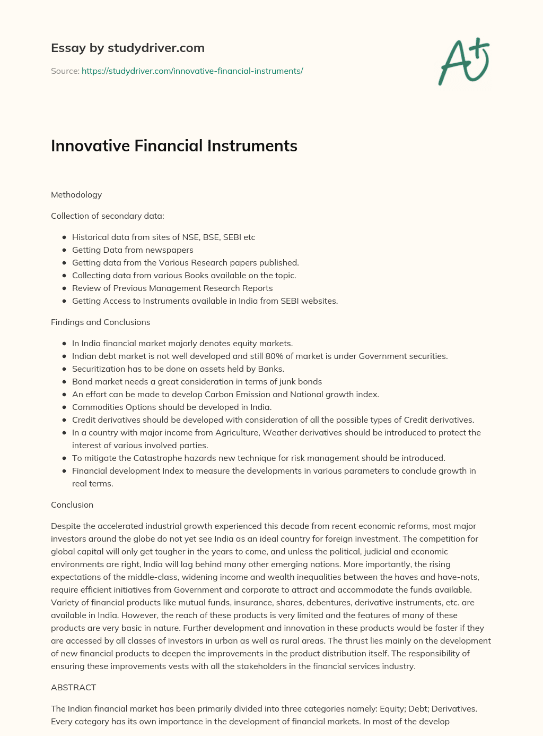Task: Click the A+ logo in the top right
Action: [463, 62]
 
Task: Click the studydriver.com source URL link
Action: [192, 71]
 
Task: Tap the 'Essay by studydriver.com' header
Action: [127, 48]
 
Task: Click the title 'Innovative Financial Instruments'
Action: [174, 146]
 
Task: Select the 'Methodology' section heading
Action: [76, 195]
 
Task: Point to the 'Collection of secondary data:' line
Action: [108, 216]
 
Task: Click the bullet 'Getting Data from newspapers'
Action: [133, 250]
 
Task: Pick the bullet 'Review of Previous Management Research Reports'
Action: [172, 288]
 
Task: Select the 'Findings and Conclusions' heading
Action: [100, 322]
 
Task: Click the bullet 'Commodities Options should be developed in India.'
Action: [172, 407]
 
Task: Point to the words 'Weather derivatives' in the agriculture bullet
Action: [302, 433]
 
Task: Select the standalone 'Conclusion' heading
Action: [72, 505]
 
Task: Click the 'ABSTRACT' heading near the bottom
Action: [73, 688]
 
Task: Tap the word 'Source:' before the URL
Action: [65, 71]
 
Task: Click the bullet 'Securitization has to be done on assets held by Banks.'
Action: [178, 369]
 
